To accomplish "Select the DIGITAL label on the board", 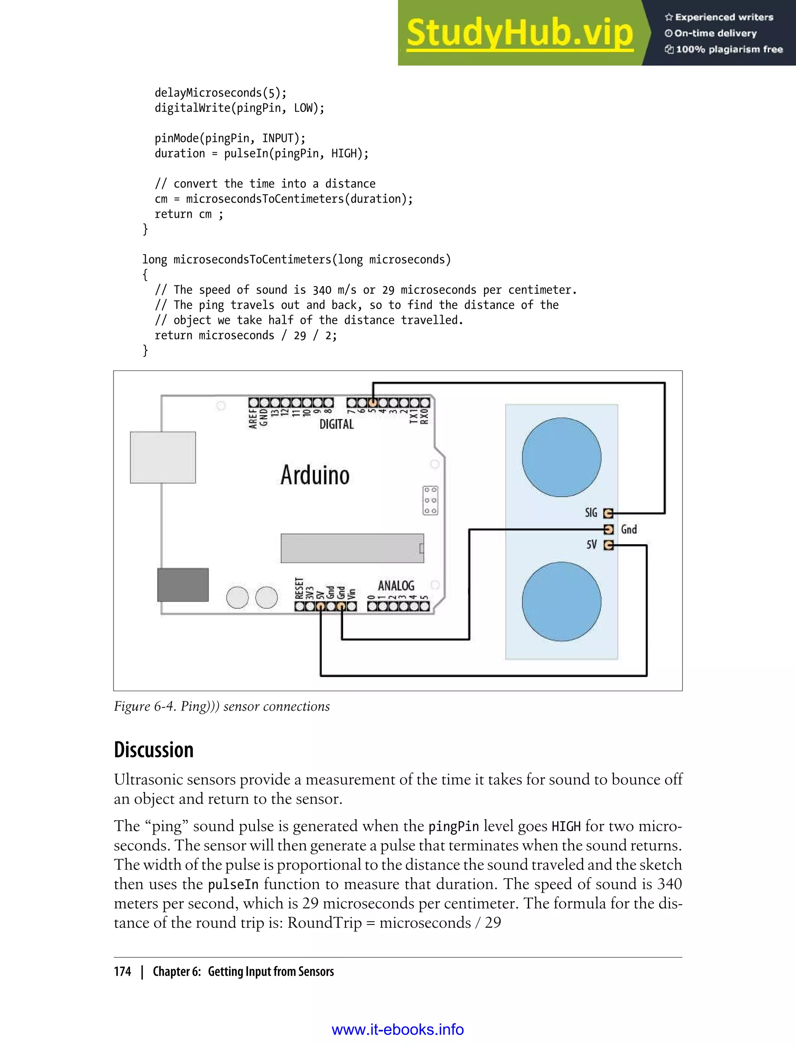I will pos(337,424).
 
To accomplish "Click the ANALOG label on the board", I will pos(396,586).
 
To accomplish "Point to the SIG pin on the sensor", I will pos(608,513).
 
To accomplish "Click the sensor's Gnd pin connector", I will pos(609,529).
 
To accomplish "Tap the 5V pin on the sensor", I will pos(608,545).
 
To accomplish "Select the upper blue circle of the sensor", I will pos(562,457).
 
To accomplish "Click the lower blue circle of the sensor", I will pos(562,601).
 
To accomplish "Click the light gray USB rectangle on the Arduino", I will pos(163,457).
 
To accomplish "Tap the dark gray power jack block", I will pos(183,585).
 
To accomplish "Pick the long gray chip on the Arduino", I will pos(352,548).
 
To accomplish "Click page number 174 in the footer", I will pos(122,972).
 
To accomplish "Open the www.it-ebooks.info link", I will pos(398,1030).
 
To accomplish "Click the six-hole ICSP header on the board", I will pos(430,500).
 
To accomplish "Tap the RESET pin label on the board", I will pos(299,588).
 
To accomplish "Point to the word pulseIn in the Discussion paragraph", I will pos(233,884).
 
